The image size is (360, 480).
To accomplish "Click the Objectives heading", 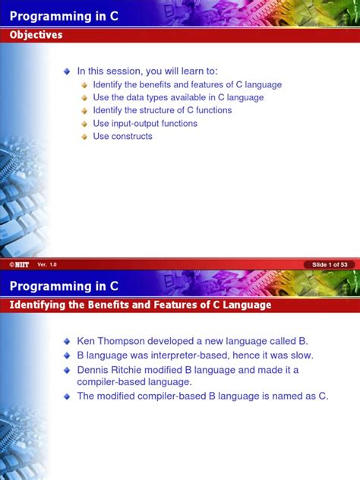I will click(x=36, y=35).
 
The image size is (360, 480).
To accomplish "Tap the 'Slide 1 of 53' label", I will click(x=329, y=264).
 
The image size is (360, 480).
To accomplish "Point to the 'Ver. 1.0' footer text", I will click(x=47, y=264).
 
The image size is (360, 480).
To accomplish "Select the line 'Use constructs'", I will click(x=122, y=137).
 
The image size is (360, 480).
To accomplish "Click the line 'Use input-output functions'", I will click(x=145, y=124).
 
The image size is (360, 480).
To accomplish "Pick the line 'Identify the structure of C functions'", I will click(x=163, y=111).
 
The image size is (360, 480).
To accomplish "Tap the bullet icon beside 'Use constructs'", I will click(x=84, y=137).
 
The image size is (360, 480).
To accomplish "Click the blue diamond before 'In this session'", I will click(x=67, y=71).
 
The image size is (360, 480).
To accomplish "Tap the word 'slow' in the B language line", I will click(x=299, y=355).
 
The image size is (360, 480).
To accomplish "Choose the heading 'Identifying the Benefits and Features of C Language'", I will click(x=141, y=305).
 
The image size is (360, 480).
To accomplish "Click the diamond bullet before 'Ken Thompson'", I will click(x=67, y=340).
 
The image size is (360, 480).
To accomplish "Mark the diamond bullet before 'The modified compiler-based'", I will click(x=67, y=396).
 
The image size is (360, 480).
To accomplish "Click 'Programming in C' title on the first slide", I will click(x=64, y=14).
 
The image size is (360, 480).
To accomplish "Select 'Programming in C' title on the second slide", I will click(x=64, y=286).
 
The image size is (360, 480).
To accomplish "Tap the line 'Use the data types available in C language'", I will click(x=178, y=98).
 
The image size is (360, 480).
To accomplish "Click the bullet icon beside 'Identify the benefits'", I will click(x=84, y=85).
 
